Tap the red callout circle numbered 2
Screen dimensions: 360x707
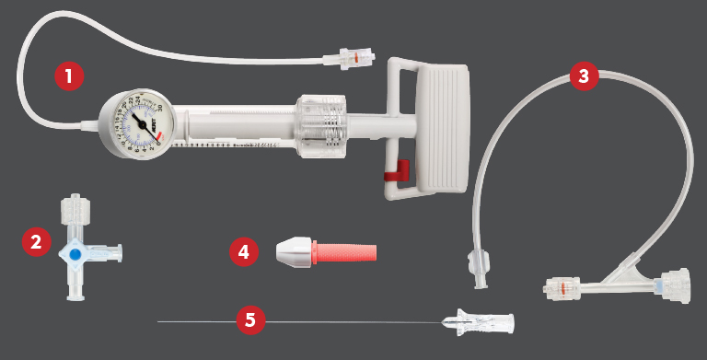(x=36, y=243)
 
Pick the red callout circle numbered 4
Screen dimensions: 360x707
(x=243, y=251)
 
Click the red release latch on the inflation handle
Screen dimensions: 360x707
(x=397, y=171)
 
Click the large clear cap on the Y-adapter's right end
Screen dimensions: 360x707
(x=677, y=285)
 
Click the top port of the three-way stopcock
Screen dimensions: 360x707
(x=73, y=208)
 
